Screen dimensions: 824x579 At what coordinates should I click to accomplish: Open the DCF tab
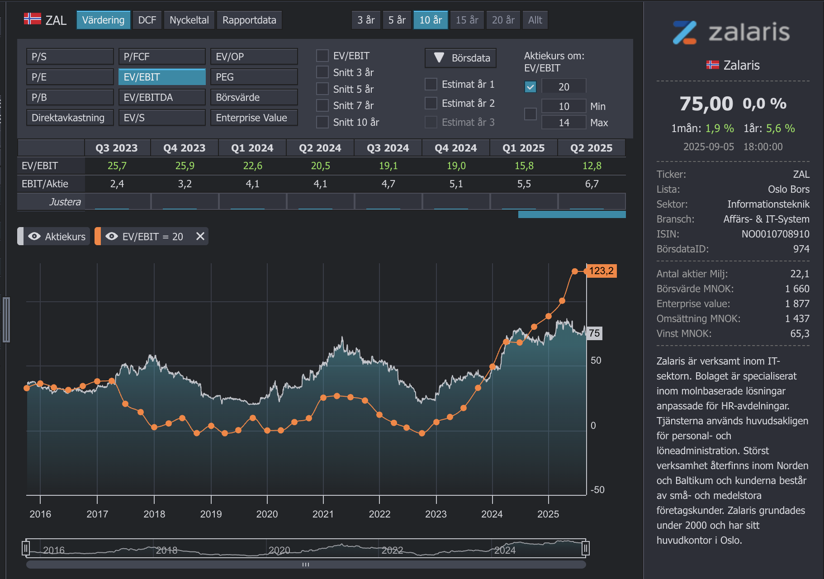pyautogui.click(x=147, y=20)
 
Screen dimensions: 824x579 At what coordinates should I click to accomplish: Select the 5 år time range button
pyautogui.click(x=397, y=20)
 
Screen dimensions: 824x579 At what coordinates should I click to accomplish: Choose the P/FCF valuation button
pyautogui.click(x=162, y=57)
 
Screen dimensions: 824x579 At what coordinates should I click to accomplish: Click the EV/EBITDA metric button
pyautogui.click(x=162, y=97)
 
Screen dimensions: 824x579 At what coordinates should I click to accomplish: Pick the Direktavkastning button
pyautogui.click(x=70, y=118)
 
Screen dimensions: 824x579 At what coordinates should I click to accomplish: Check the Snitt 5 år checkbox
pyautogui.click(x=322, y=89)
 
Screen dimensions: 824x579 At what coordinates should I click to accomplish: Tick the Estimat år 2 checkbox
pyautogui.click(x=431, y=103)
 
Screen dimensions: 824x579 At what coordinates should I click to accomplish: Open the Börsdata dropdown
pyautogui.click(x=461, y=58)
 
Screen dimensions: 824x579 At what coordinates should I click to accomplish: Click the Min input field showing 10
pyautogui.click(x=564, y=106)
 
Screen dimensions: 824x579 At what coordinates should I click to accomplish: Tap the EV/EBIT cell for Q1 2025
pyautogui.click(x=524, y=166)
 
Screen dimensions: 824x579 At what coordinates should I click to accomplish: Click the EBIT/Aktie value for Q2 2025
pyautogui.click(x=592, y=184)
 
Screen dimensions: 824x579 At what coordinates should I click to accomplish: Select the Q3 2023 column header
pyautogui.click(x=117, y=148)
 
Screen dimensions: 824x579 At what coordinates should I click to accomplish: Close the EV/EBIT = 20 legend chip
pyautogui.click(x=200, y=236)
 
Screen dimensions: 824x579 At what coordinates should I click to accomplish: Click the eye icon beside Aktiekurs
pyautogui.click(x=34, y=236)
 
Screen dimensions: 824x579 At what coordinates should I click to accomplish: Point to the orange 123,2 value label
pyautogui.click(x=601, y=271)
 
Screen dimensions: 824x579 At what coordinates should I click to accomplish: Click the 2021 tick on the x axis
pyautogui.click(x=323, y=514)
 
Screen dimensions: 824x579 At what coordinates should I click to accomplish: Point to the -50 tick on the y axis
pyautogui.click(x=597, y=490)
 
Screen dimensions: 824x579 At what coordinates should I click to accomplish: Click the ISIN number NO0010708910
pyautogui.click(x=775, y=234)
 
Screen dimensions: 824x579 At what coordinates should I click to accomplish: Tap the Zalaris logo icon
pyautogui.click(x=685, y=33)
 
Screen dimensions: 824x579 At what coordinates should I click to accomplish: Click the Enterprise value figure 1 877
pyautogui.click(x=797, y=304)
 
